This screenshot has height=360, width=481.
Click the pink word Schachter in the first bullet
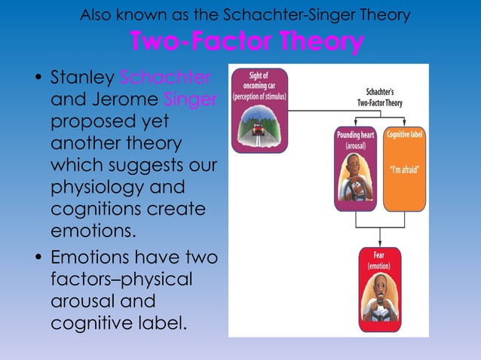165,78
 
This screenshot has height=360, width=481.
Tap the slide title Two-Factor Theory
246,43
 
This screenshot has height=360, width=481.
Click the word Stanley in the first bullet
81,78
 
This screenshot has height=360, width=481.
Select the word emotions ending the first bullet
92,230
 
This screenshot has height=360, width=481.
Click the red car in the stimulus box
258,130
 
